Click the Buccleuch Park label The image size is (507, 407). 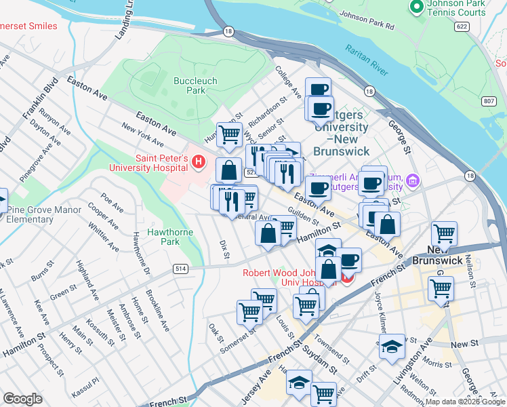click(x=195, y=85)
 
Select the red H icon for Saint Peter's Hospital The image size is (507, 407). click(x=199, y=162)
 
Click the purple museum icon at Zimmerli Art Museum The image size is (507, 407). click(x=412, y=181)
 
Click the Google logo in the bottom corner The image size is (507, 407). click(x=23, y=399)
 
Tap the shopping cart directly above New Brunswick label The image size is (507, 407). click(x=445, y=235)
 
